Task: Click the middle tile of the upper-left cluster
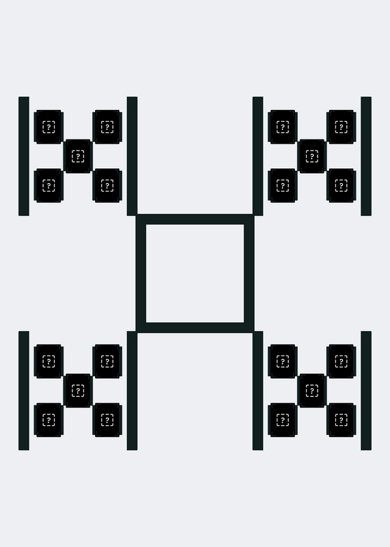(78, 157)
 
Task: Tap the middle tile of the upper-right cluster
(312, 157)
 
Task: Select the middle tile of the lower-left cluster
(78, 390)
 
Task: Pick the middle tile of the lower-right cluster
(312, 390)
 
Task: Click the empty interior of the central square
(195, 273)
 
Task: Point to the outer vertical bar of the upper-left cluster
(24, 157)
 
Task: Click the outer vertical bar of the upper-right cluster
(366, 157)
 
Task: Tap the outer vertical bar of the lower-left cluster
(24, 390)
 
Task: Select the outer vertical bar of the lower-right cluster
(366, 390)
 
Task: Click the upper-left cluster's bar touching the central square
(132, 157)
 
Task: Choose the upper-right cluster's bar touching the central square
(258, 157)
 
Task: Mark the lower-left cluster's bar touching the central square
(132, 390)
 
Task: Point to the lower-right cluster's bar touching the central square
(258, 390)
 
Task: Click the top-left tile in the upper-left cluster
(48, 127)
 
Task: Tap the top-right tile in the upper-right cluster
(342, 127)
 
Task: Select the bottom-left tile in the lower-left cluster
(48, 420)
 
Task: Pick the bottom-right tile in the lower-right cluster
(342, 420)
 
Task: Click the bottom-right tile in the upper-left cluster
(107, 185)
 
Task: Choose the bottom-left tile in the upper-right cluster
(283, 185)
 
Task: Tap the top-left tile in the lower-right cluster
(283, 362)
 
